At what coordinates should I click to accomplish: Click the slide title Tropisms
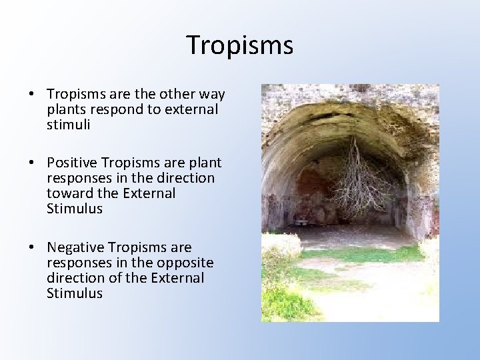239,45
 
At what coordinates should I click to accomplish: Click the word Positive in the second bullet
70,163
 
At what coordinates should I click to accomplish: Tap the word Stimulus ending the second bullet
75,209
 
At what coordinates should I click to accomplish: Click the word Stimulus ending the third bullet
75,293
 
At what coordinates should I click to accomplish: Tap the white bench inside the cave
302,221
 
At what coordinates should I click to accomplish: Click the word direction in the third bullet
73,278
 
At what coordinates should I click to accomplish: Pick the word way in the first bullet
211,95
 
